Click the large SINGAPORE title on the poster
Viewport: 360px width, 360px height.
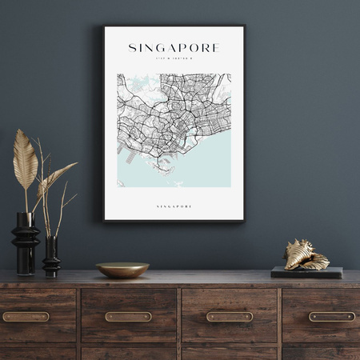point(174,48)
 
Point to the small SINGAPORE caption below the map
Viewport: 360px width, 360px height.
point(174,206)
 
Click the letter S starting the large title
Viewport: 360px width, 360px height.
point(132,48)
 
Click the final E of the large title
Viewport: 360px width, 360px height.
point(215,48)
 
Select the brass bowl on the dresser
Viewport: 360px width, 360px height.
point(122,270)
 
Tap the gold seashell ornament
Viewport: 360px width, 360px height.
point(306,255)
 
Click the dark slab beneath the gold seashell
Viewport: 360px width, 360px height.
point(306,273)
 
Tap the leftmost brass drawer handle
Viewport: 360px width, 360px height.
point(26,316)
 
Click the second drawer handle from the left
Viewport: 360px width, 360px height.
point(128,316)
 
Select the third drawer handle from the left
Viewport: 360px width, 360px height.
point(230,316)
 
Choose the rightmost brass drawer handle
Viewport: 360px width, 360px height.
point(331,316)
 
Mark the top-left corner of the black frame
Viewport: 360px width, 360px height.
point(103,26)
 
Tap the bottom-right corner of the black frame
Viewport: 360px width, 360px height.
point(244,221)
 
